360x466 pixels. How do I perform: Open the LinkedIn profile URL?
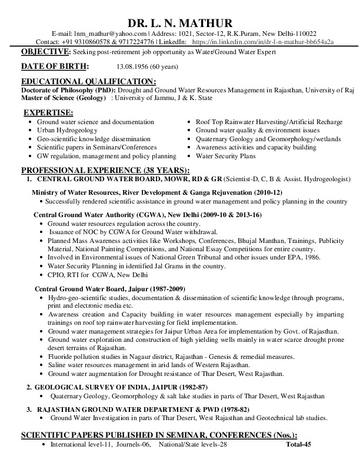pos(263,42)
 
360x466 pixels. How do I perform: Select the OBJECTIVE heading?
pos(45,52)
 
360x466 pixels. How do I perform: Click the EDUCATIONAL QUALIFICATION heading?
pos(88,81)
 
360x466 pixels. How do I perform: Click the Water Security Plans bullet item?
pos(225,156)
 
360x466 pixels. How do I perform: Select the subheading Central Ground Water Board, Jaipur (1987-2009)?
pos(110,289)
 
